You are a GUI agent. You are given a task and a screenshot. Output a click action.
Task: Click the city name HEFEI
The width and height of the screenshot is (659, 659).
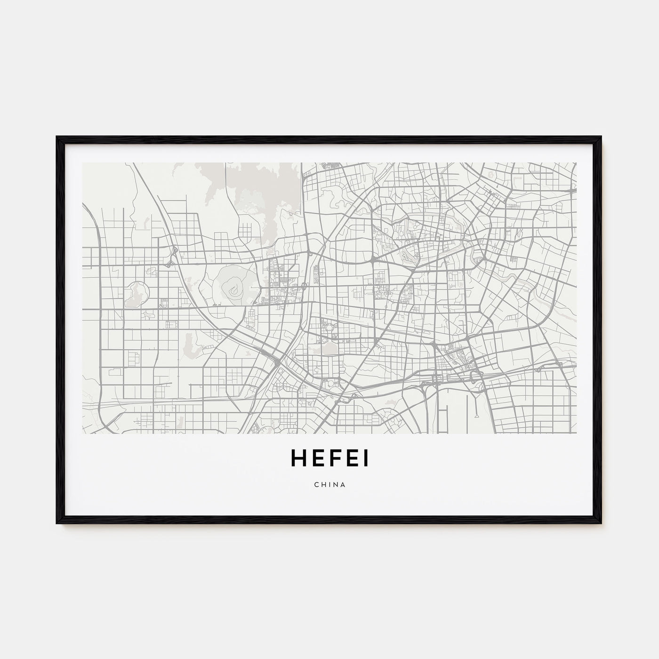point(329,458)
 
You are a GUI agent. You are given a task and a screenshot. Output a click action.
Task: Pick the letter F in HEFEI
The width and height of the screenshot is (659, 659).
point(333,458)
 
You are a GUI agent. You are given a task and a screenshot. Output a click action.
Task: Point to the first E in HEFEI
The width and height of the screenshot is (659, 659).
point(315,458)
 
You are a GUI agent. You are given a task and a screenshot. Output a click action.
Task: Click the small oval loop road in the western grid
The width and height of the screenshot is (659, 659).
point(152,271)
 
